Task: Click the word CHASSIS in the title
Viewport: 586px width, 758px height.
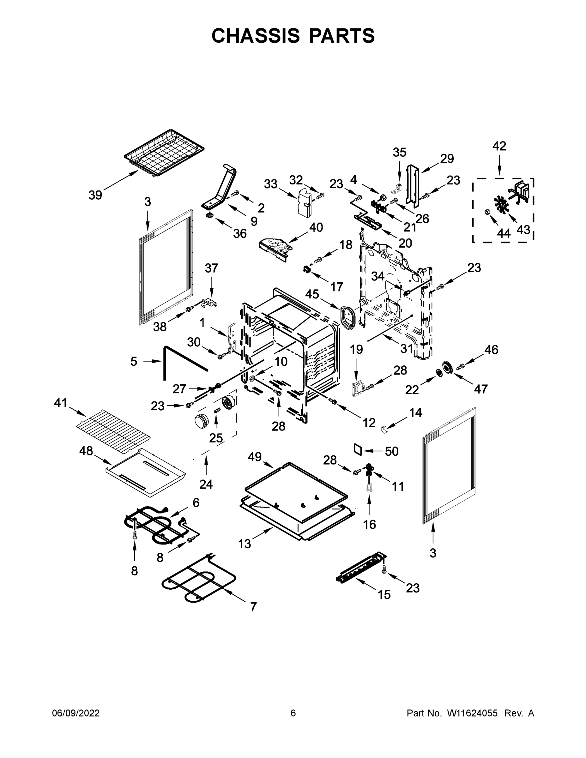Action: click(x=256, y=36)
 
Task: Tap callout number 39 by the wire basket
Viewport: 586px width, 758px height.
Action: click(x=95, y=195)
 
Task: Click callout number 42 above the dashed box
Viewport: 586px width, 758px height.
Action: click(x=499, y=146)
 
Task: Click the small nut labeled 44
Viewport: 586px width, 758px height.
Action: click(x=487, y=212)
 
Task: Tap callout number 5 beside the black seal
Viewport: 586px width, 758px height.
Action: click(x=134, y=361)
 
